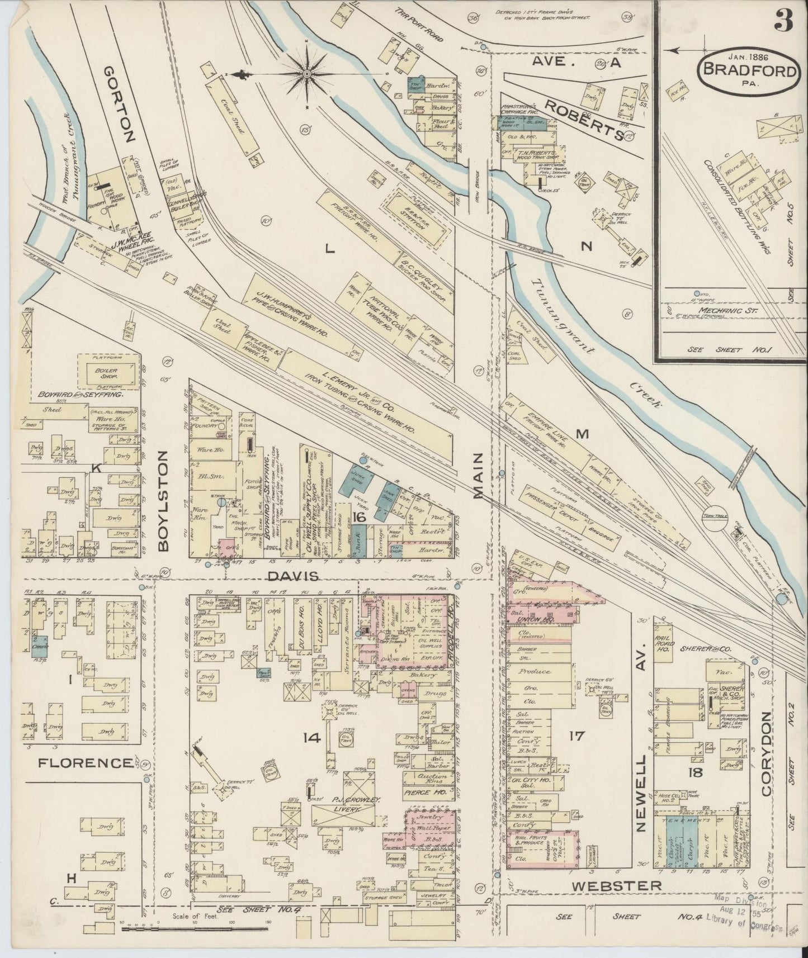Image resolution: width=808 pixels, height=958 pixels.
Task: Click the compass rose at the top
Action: [307, 73]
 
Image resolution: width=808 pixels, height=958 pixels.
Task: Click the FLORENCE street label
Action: [86, 762]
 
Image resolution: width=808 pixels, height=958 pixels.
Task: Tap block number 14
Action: [311, 738]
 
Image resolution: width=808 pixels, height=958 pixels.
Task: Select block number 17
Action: [576, 736]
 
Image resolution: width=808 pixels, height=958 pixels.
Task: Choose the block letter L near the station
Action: [330, 250]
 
